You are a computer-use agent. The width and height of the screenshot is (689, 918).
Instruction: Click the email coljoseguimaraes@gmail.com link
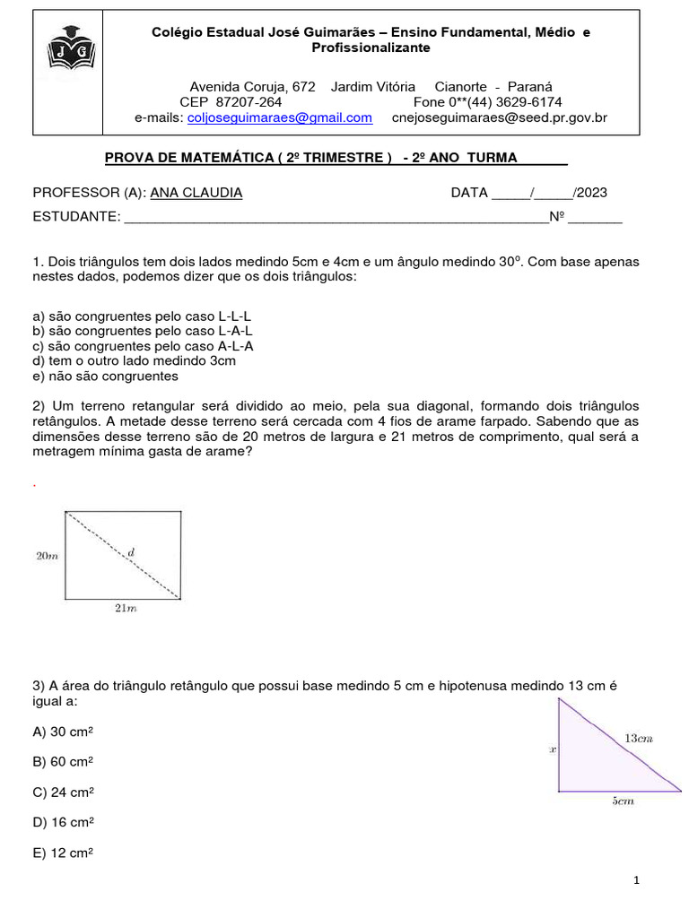point(279,117)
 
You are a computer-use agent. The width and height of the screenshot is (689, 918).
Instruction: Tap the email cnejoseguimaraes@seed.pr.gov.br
point(500,117)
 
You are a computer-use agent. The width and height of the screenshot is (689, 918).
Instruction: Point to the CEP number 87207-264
point(249,102)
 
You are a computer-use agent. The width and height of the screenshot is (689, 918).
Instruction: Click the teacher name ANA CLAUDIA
point(196,193)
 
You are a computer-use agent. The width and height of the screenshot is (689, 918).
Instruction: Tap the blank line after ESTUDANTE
point(336,217)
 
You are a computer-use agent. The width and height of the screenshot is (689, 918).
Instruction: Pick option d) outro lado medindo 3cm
point(134,361)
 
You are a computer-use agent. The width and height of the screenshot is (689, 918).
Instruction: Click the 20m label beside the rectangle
point(47,556)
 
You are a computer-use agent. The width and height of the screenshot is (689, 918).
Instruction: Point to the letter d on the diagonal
point(132,553)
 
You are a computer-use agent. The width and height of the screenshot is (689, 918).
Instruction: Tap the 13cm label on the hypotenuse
point(638,738)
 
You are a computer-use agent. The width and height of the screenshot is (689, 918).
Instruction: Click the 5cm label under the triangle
point(623,801)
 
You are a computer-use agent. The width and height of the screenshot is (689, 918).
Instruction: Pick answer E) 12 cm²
point(63,853)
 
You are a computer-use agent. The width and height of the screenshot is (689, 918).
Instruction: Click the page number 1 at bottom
point(636,880)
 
